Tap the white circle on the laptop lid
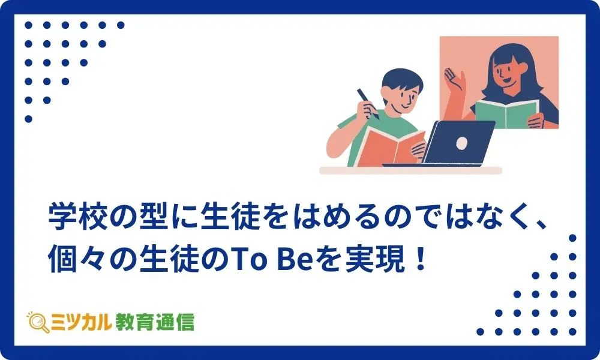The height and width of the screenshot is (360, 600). click(462, 143)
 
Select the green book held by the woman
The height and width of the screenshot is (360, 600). click(508, 113)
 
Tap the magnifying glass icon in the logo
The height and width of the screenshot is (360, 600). click(38, 322)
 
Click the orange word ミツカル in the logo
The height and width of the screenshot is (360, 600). click(81, 322)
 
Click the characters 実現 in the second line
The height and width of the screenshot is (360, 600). click(375, 260)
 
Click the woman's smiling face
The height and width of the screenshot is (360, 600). click(505, 73)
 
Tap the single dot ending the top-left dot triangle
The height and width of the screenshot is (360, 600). click(28, 119)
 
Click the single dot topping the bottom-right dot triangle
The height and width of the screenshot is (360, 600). click(572, 238)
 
